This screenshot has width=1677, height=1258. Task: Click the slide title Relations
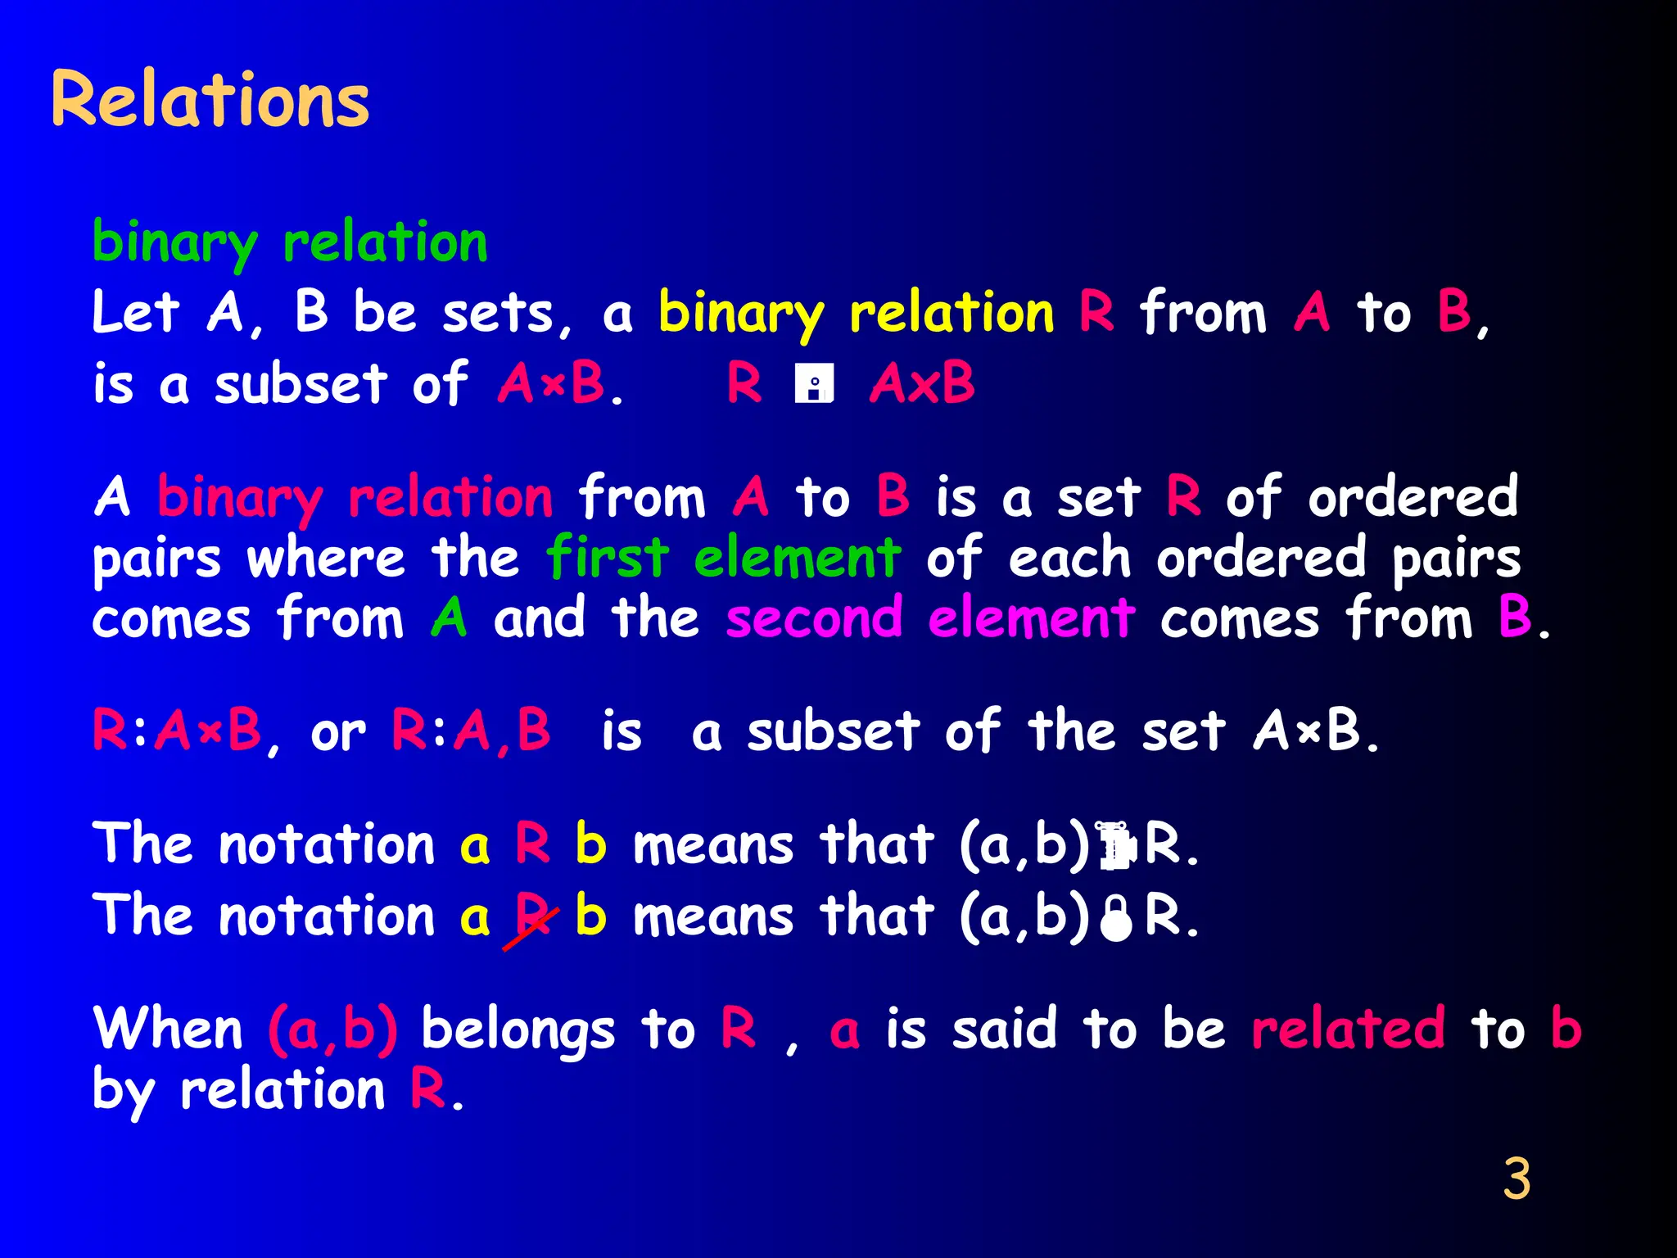[x=210, y=99]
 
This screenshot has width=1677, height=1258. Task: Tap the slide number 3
[x=1516, y=1179]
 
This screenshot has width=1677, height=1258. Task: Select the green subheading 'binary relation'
[x=290, y=242]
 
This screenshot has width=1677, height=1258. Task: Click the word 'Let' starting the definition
[x=135, y=312]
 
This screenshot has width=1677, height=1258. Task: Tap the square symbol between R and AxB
[x=814, y=383]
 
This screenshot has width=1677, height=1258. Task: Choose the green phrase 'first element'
[x=724, y=558]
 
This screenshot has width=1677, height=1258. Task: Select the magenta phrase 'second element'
[x=930, y=618]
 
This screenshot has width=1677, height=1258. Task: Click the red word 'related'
[x=1348, y=1029]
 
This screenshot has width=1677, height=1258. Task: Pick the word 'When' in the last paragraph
[x=168, y=1029]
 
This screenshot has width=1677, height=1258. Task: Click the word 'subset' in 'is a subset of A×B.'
[x=301, y=383]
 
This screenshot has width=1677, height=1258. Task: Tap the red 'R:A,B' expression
[x=471, y=730]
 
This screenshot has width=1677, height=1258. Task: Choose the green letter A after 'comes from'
[x=449, y=618]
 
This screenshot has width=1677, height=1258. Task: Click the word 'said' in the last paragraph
[x=1004, y=1029]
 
